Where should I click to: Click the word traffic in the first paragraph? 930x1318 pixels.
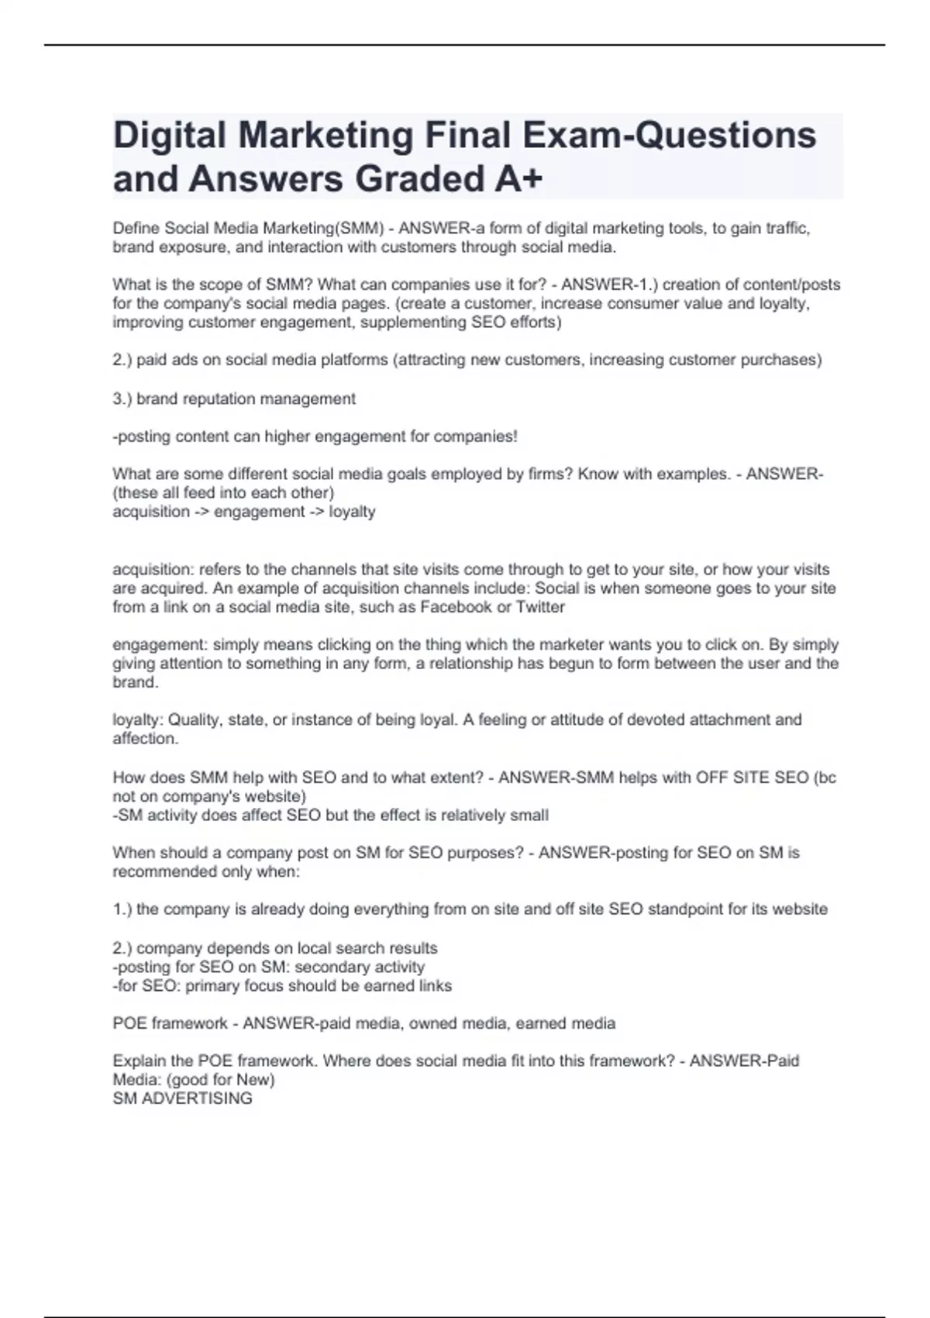tap(786, 229)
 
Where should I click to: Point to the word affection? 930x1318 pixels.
tap(145, 739)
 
